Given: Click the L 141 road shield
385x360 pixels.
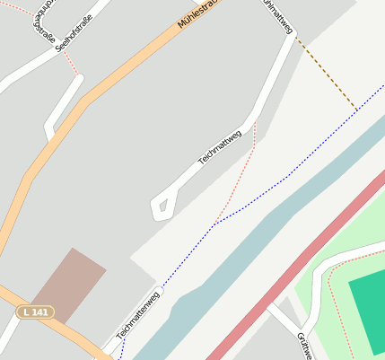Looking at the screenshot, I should point(35,312).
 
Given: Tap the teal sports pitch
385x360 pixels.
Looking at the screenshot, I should point(368,310).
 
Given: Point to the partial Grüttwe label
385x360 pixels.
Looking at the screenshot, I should point(303,346).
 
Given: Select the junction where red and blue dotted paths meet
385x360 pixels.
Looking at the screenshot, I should point(216,221).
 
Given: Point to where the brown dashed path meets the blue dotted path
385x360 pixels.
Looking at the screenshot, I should point(356,110).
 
